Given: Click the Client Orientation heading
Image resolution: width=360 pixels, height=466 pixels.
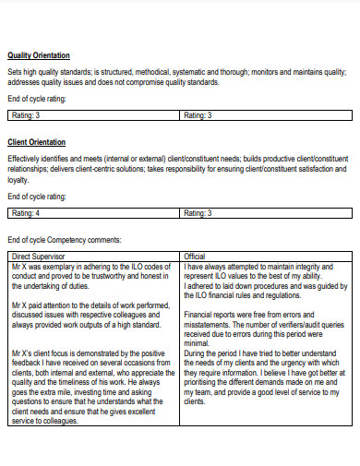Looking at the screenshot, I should click(x=36, y=142).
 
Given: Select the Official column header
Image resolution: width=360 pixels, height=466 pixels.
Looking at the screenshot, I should click(x=195, y=256).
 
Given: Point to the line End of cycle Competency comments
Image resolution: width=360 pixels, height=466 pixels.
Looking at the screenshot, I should click(x=65, y=240).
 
